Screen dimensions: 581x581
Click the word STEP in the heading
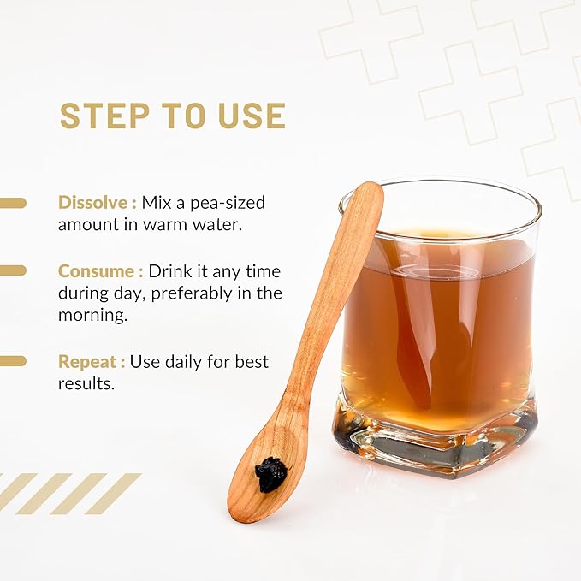click(104, 116)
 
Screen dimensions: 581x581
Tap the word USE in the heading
click(252, 116)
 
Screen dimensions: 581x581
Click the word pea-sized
click(228, 204)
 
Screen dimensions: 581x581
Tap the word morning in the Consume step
click(92, 316)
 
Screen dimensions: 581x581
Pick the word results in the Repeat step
click(85, 384)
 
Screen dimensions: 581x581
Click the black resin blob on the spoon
click(270, 475)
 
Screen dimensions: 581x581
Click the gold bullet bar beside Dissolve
click(13, 203)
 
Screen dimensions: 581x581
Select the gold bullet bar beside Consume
click(13, 270)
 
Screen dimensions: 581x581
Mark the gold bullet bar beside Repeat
click(13, 361)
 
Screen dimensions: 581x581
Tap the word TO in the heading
click(184, 116)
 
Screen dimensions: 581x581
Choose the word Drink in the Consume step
click(170, 271)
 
